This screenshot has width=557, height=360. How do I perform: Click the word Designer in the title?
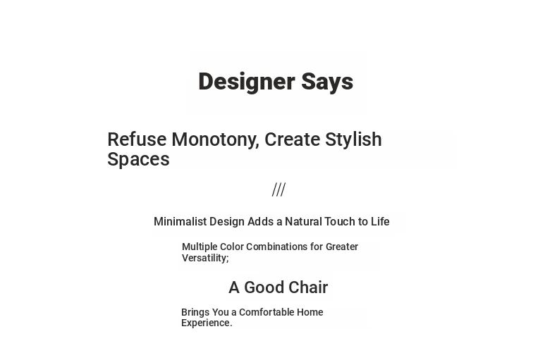[247, 82]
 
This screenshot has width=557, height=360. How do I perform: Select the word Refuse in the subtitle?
[137, 139]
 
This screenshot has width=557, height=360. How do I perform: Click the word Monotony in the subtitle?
[215, 140]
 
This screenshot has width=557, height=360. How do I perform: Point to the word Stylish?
[353, 140]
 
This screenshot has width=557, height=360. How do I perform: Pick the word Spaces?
[138, 159]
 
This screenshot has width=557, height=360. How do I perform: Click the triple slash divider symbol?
[279, 190]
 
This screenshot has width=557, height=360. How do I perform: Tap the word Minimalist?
[180, 221]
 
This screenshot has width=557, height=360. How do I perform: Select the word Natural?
[303, 221]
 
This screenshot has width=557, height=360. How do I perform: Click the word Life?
[380, 221]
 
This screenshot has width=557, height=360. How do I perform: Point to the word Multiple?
[200, 247]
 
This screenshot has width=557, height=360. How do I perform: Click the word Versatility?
[205, 258]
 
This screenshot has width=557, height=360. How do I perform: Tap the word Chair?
[311, 287]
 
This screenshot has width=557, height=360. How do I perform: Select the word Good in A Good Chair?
[266, 287]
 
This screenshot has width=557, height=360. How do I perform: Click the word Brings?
[195, 313]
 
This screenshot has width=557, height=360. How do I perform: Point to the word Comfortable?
[267, 312]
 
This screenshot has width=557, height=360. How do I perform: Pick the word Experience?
[207, 323]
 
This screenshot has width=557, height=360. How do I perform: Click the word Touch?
[340, 221]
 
